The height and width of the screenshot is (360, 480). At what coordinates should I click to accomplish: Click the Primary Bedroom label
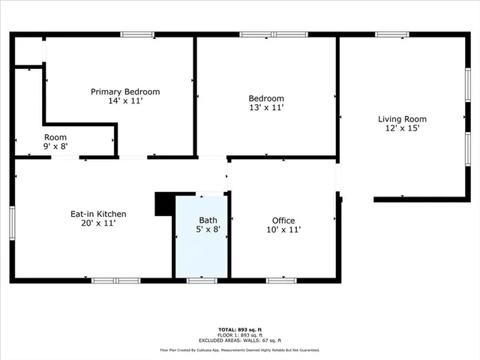pyautogui.click(x=125, y=91)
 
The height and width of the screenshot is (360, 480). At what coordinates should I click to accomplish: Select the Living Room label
pyautogui.click(x=402, y=118)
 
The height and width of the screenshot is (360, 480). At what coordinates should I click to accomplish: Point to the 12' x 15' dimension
pyautogui.click(x=402, y=128)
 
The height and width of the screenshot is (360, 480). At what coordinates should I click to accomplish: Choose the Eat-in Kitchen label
pyautogui.click(x=93, y=214)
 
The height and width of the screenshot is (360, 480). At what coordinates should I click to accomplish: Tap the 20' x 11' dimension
pyautogui.click(x=93, y=223)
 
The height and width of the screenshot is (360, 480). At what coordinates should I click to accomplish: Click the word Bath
pyautogui.click(x=208, y=220)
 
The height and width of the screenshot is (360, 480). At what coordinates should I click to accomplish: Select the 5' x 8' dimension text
pyautogui.click(x=208, y=229)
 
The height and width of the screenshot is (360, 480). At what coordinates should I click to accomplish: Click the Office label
pyautogui.click(x=283, y=220)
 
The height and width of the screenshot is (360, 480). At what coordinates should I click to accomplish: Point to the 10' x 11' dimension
pyautogui.click(x=283, y=229)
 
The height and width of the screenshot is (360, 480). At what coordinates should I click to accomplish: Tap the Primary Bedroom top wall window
pyautogui.click(x=138, y=34)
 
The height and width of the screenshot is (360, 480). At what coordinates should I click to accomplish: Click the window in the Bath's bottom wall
pyautogui.click(x=202, y=280)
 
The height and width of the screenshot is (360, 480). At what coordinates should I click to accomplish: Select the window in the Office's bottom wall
pyautogui.click(x=281, y=280)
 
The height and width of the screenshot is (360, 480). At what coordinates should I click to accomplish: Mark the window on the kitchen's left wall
pyautogui.click(x=12, y=223)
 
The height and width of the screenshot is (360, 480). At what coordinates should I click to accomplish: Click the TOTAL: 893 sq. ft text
pyautogui.click(x=239, y=330)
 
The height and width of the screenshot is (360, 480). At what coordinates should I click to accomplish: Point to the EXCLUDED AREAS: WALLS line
pyautogui.click(x=239, y=340)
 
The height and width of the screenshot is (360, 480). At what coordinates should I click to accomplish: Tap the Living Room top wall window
pyautogui.click(x=392, y=34)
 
